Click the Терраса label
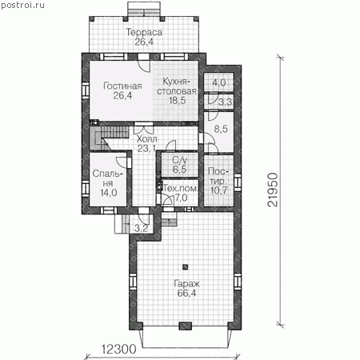point(144,32)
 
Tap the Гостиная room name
point(122,86)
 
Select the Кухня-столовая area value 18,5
point(178,101)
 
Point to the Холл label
point(146,138)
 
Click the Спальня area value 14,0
point(109,193)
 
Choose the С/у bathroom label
point(180,160)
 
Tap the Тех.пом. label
point(181,188)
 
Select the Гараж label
point(186,284)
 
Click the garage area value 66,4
point(186,293)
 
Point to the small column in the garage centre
point(185,266)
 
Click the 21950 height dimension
point(273,190)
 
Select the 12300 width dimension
point(119,349)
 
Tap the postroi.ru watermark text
point(22,5)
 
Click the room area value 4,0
point(219,82)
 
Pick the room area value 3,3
point(226,102)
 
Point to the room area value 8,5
point(221,129)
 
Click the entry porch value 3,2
point(141,228)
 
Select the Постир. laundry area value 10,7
point(218,190)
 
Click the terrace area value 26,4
point(144,42)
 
